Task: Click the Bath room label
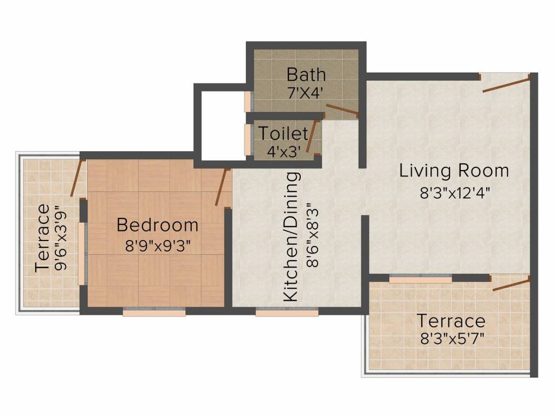pyautogui.click(x=306, y=74)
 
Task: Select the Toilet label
pyautogui.click(x=283, y=133)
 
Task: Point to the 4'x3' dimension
pyautogui.click(x=284, y=151)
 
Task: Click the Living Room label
pyautogui.click(x=454, y=171)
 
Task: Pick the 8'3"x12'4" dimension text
pyautogui.click(x=455, y=193)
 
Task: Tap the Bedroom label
pyautogui.click(x=158, y=224)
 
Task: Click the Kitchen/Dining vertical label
pyautogui.click(x=292, y=237)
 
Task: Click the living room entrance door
pyautogui.click(x=505, y=84)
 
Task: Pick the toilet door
pyautogui.click(x=311, y=135)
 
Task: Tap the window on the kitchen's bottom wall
pyautogui.click(x=279, y=312)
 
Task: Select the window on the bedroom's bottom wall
pyautogui.click(x=154, y=312)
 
